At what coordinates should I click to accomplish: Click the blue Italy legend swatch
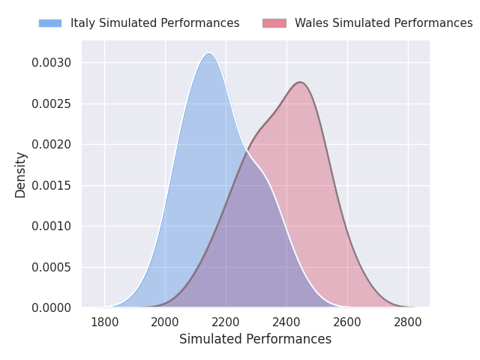pos(50,23)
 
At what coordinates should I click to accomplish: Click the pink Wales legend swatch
pos(274,23)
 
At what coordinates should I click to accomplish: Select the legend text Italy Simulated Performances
pos(155,23)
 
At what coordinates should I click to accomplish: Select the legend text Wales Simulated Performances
pos(384,23)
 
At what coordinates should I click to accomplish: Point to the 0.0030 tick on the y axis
pos(52,63)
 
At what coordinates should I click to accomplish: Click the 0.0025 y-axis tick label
pos(52,104)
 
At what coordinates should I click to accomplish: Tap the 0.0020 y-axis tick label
pos(52,145)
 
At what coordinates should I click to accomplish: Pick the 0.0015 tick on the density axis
pos(52,185)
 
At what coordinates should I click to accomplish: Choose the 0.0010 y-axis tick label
pos(52,226)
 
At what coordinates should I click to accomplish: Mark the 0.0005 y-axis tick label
pos(52,267)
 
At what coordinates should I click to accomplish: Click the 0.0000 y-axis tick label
pos(52,308)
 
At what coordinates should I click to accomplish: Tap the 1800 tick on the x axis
pos(105,322)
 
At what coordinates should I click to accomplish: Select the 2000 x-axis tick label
pos(165,322)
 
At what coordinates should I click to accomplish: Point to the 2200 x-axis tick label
pos(226,322)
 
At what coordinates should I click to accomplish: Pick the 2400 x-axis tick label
pos(286,322)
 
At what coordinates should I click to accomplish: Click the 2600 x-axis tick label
pos(347,322)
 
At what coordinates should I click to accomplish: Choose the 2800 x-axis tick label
pos(408,322)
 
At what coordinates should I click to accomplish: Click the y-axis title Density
pos(20,175)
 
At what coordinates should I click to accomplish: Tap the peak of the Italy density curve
pos(209,53)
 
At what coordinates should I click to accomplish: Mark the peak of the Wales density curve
pos(300,82)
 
